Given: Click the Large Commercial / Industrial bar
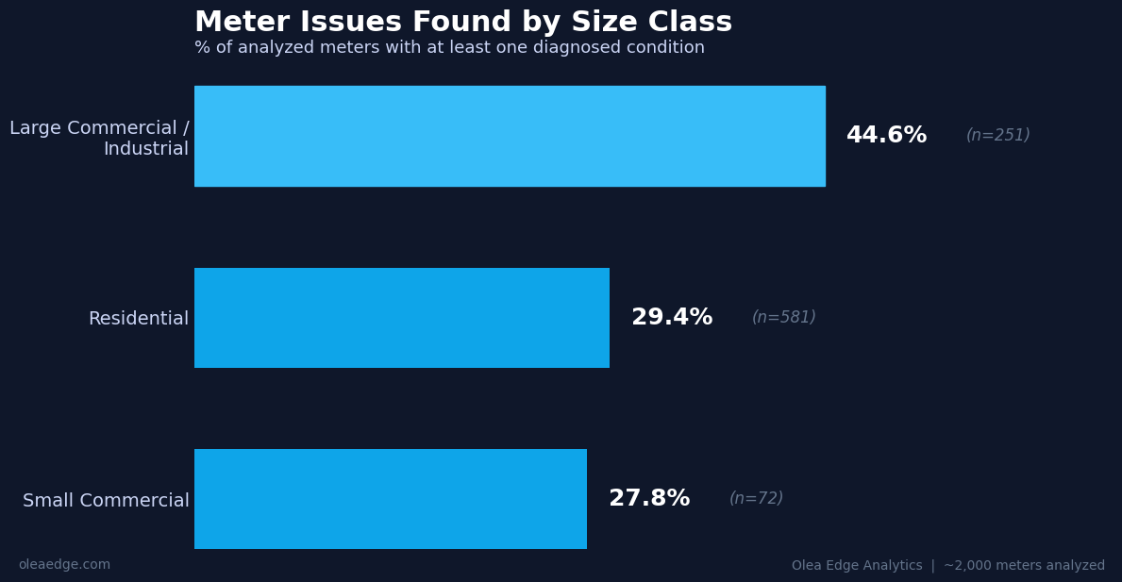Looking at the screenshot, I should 510,136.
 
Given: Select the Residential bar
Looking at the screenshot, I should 402,318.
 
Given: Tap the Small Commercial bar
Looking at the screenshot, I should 391,499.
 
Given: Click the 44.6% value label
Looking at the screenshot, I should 886,136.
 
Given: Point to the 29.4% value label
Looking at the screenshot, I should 672,318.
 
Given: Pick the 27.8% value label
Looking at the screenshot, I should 649,499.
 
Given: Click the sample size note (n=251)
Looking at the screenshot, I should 997,136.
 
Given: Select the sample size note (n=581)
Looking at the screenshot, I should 783,318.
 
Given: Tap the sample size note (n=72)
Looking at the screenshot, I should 756,499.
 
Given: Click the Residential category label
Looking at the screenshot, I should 139,319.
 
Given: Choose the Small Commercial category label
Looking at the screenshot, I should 106,501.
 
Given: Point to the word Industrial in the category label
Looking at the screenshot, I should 146,149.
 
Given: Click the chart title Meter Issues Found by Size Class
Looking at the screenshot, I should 462,23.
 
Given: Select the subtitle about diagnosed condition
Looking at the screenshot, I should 449,48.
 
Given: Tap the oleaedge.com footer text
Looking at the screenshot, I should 64,565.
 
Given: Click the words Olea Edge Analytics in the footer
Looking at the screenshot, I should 857,566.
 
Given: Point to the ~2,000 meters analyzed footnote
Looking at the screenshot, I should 1024,566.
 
